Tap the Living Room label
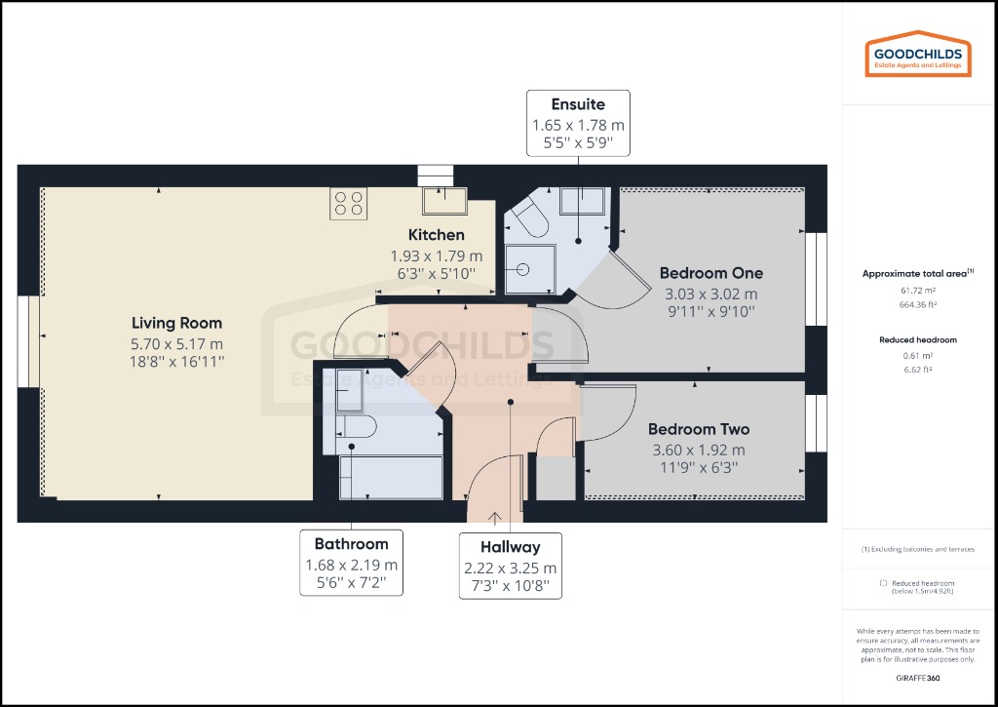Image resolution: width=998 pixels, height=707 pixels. (177, 323)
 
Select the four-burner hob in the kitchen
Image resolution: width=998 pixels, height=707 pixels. (348, 203)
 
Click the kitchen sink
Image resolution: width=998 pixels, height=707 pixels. (443, 201)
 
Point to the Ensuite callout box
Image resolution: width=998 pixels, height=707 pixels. (578, 124)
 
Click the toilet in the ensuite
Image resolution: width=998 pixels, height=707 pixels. (530, 219)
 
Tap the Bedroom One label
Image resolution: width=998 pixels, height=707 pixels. (710, 273)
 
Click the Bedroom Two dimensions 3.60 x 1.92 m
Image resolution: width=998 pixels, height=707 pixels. (697, 450)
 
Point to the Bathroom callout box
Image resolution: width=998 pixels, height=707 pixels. (351, 565)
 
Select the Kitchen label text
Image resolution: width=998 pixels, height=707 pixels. (436, 235)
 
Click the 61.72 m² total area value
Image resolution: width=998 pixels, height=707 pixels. (917, 292)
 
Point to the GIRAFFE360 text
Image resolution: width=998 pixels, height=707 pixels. (917, 677)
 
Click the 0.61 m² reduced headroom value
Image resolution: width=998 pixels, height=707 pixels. (917, 356)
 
